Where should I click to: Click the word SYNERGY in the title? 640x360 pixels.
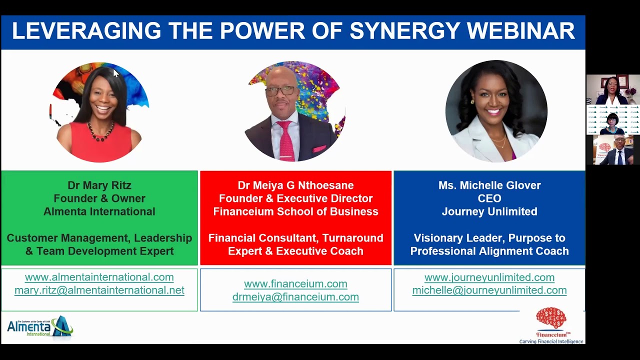[404, 31]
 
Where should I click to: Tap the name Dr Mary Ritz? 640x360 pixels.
[99, 185]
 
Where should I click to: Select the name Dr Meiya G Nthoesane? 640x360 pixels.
[295, 185]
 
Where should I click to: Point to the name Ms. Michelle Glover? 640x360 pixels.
[489, 185]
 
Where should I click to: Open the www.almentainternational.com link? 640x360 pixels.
[99, 277]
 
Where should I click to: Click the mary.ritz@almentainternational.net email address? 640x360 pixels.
[99, 290]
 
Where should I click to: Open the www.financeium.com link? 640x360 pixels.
[295, 284]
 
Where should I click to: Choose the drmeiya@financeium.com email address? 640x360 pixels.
[295, 297]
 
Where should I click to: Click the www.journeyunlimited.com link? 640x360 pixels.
[489, 277]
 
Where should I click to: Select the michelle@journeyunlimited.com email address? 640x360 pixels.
[489, 290]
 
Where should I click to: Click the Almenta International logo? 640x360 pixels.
[40, 327]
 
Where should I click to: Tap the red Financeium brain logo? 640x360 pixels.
[551, 319]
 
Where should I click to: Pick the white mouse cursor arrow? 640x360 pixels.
[115, 73]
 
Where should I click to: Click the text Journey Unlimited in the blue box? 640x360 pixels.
[489, 211]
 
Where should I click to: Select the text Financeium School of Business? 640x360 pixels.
[295, 211]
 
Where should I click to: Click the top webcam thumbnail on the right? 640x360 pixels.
[612, 89]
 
